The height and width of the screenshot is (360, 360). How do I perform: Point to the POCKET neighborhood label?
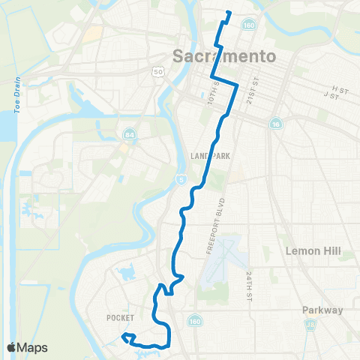(x=119, y=318)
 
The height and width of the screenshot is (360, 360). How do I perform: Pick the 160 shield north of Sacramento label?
(x=248, y=25)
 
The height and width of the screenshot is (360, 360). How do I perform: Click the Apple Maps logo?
(x=27, y=347)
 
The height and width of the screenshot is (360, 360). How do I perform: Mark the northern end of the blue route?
(x=227, y=13)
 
